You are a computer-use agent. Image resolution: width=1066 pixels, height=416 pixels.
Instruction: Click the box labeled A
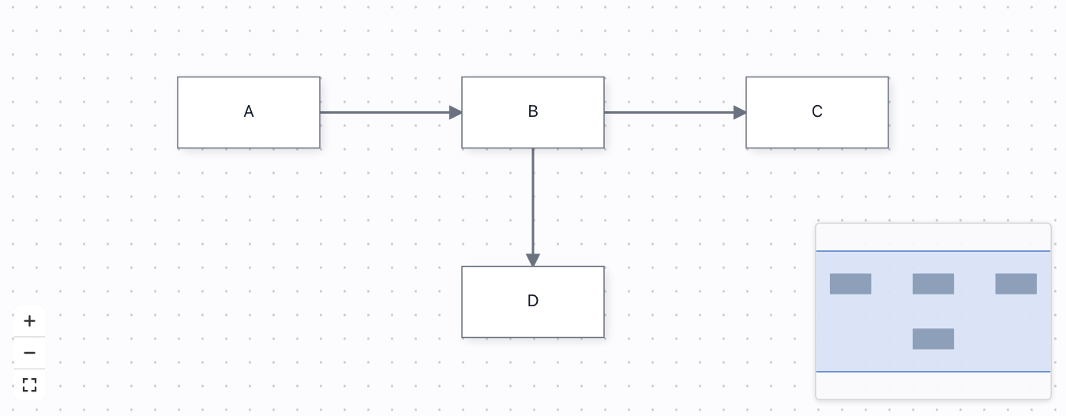pyautogui.click(x=249, y=112)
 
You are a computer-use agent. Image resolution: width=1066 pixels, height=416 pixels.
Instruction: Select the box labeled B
pyautogui.click(x=533, y=112)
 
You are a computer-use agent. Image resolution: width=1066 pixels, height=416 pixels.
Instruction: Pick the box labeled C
pyautogui.click(x=817, y=112)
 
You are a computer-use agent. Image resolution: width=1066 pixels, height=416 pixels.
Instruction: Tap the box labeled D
pyautogui.click(x=533, y=302)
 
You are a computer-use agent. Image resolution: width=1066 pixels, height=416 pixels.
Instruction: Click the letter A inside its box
pyautogui.click(x=249, y=111)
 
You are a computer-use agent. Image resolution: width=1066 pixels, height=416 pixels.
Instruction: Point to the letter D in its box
pyautogui.click(x=533, y=301)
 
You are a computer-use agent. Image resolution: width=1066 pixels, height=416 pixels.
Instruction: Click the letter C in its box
pyautogui.click(x=817, y=111)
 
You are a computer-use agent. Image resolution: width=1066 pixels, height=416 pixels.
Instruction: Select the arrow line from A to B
pyautogui.click(x=391, y=112)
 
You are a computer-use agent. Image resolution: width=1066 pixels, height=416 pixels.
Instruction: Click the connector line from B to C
pyautogui.click(x=675, y=112)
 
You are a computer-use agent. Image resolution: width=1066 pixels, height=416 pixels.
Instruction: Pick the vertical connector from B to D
pyautogui.click(x=533, y=207)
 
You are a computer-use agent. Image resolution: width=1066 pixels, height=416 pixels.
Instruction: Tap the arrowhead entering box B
pyautogui.click(x=455, y=112)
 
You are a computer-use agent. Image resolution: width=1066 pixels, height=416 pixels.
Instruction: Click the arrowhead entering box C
pyautogui.click(x=740, y=112)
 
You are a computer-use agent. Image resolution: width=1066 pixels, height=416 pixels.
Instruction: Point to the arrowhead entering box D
pyautogui.click(x=533, y=260)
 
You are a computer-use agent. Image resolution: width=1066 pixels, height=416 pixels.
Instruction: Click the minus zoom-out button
pyautogui.click(x=29, y=353)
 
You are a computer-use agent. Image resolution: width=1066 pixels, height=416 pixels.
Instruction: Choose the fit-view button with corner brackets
pyautogui.click(x=29, y=384)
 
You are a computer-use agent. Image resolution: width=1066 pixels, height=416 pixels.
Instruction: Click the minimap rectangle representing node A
pyautogui.click(x=850, y=283)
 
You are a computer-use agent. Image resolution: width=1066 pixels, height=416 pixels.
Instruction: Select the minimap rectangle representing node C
pyautogui.click(x=1016, y=283)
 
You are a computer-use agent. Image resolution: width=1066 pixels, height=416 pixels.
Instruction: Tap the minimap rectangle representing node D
pyautogui.click(x=933, y=339)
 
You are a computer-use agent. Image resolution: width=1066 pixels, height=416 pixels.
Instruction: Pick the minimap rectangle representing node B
pyautogui.click(x=933, y=283)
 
